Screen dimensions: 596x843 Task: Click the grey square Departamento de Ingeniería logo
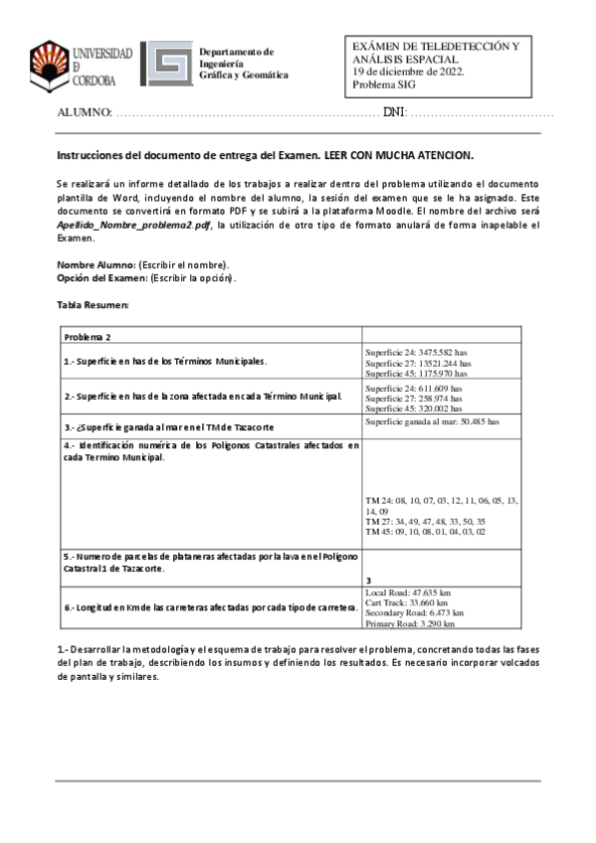165,65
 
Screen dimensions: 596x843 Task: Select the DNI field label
395,113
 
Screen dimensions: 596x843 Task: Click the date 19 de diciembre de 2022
408,72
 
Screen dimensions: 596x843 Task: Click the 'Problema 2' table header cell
89,338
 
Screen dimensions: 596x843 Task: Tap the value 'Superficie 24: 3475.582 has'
417,353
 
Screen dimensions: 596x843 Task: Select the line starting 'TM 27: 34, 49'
426,521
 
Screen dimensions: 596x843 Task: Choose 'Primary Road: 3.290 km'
411,624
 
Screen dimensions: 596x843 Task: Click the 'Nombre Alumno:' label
95,264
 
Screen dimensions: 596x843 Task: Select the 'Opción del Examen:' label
100,277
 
